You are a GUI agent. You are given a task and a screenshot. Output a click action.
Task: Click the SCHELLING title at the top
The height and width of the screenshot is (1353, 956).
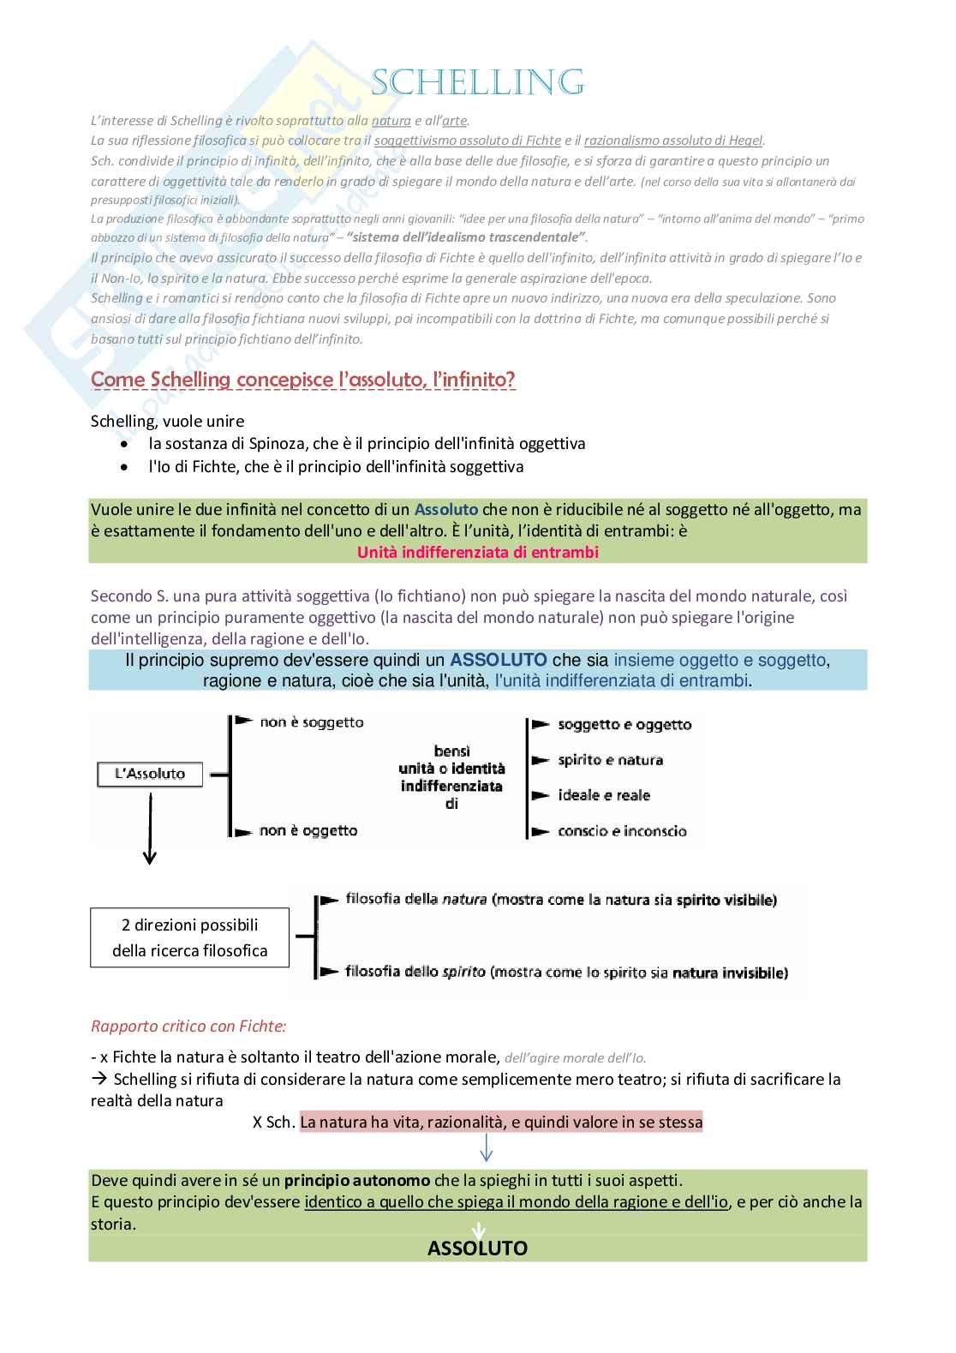478,83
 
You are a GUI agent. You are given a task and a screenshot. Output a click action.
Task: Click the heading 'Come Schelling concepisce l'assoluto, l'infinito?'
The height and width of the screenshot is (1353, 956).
303,380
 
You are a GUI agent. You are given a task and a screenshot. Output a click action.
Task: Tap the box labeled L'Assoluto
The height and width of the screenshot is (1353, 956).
150,774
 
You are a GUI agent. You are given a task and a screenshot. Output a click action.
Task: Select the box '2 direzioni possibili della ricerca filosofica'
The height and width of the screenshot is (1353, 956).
189,937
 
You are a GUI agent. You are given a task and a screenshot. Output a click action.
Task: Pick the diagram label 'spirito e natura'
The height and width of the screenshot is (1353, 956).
610,760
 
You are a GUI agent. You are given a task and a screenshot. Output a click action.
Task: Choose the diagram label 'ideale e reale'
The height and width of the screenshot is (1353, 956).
604,795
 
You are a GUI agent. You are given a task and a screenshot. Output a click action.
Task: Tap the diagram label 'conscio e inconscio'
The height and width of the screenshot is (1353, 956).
622,831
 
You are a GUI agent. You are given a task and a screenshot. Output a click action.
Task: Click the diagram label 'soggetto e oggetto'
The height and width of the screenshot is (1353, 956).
624,725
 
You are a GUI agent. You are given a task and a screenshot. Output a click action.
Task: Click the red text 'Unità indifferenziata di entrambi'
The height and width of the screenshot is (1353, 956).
477,553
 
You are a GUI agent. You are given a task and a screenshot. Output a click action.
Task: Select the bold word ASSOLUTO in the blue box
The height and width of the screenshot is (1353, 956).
499,660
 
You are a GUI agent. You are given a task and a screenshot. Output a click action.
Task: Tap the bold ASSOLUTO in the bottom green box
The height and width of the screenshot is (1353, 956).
477,1248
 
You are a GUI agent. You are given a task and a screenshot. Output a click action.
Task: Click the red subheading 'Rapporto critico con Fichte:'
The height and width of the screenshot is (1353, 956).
188,1026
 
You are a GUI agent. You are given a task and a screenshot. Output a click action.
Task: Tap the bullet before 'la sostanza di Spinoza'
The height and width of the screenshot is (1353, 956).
126,445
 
